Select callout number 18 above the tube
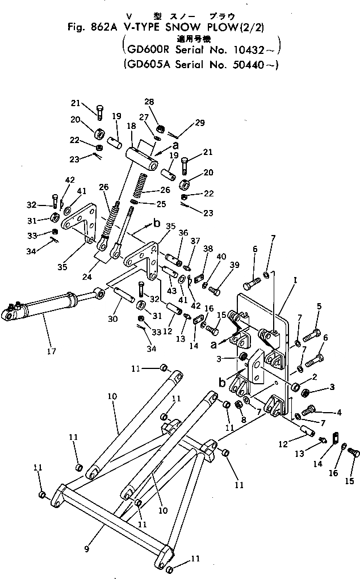point(131,125)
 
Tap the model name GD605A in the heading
point(146,65)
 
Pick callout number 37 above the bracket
point(195,241)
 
